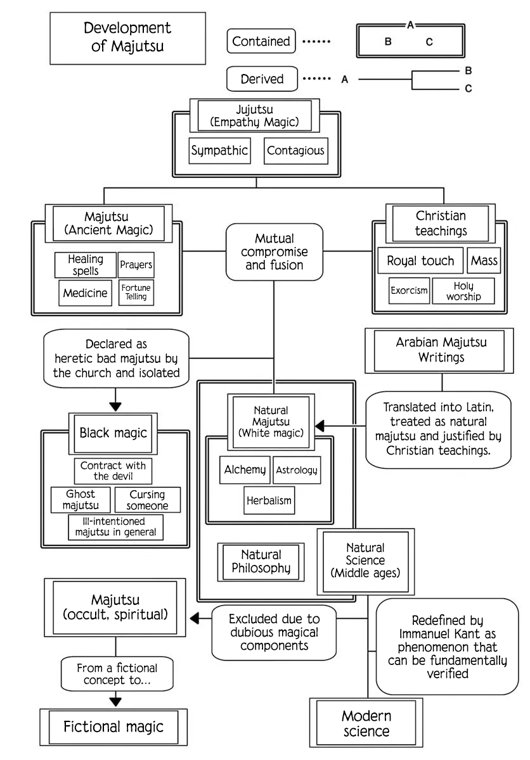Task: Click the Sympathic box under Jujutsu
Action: (x=220, y=151)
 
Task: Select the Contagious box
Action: (x=295, y=151)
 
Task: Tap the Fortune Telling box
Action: (x=136, y=292)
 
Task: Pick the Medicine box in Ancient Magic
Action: (x=85, y=293)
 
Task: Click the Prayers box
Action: (x=136, y=265)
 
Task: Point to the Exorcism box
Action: (x=409, y=291)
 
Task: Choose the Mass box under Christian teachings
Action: (x=484, y=260)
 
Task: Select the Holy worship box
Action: (x=463, y=291)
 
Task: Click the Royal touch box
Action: (x=420, y=260)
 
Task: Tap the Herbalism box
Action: (x=269, y=500)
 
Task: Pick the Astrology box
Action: (x=297, y=470)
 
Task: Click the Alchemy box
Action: (x=245, y=470)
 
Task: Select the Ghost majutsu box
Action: (x=81, y=500)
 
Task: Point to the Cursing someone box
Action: (x=148, y=500)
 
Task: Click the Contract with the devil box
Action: (x=113, y=471)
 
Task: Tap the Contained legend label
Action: (x=261, y=41)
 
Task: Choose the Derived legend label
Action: (x=262, y=79)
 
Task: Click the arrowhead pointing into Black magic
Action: (x=115, y=407)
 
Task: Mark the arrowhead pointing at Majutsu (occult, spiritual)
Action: (x=194, y=618)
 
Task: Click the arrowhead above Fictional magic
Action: (x=115, y=702)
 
